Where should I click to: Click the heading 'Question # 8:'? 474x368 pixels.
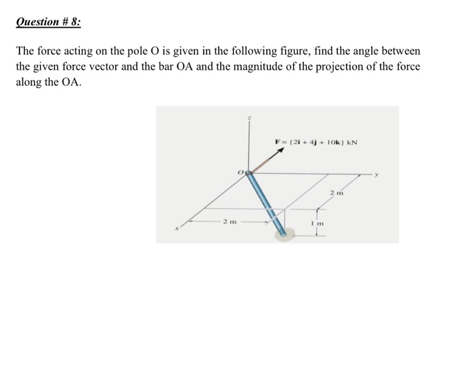47,22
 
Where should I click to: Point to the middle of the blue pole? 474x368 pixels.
265,203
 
